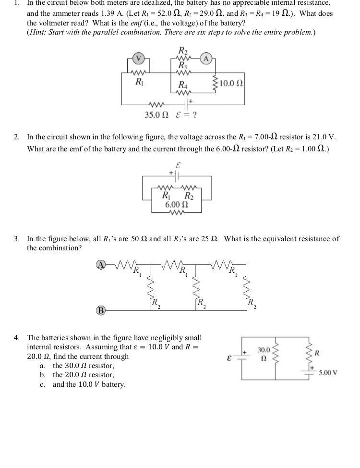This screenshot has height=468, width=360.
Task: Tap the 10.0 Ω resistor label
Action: pyautogui.click(x=231, y=83)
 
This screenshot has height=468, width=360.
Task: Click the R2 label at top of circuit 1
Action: pyautogui.click(x=183, y=50)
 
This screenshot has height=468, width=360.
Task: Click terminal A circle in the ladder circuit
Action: pyautogui.click(x=101, y=264)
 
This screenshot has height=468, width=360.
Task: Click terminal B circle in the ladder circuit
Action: pyautogui.click(x=101, y=310)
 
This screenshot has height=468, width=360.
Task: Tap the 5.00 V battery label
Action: pyautogui.click(x=328, y=372)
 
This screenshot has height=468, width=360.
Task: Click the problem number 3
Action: pyautogui.click(x=17, y=239)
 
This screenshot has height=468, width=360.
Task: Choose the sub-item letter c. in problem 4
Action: pyautogui.click(x=43, y=384)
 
